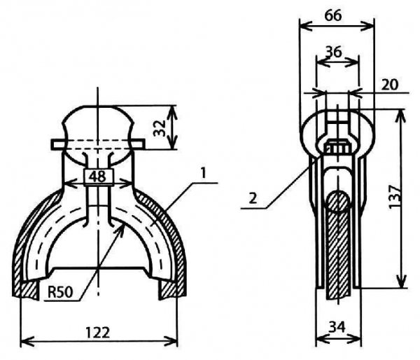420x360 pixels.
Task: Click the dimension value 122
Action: [x=99, y=333]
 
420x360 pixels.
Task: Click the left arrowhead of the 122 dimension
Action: [x=23, y=341]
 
